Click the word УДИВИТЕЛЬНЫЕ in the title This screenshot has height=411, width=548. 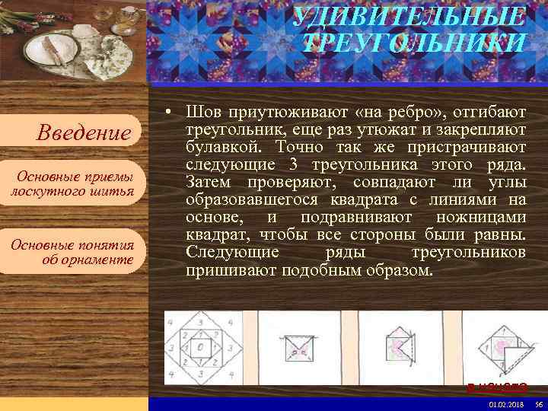click(409, 16)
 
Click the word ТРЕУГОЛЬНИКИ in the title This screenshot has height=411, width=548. click(413, 43)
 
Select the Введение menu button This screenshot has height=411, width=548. click(84, 133)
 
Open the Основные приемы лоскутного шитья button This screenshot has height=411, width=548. click(72, 183)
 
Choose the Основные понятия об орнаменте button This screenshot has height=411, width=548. click(72, 252)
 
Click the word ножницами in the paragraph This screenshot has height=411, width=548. click(481, 217)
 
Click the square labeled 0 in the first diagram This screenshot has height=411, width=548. click(200, 348)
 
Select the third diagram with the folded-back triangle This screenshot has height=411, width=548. click(403, 346)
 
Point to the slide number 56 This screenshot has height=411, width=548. click(537, 404)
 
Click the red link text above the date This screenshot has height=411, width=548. click(496, 387)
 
